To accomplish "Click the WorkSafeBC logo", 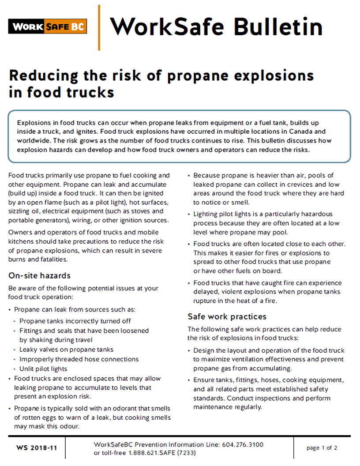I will pyautogui.click(x=47, y=26).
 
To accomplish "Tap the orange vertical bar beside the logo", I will pyautogui.click(x=99, y=27).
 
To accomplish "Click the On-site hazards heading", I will pyautogui.click(x=39, y=276).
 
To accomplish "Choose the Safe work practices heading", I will pyautogui.click(x=227, y=316).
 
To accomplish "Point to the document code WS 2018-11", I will pyautogui.click(x=37, y=448).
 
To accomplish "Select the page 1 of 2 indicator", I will pyautogui.click(x=322, y=448).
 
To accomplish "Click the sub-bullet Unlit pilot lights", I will pyautogui.click(x=43, y=368).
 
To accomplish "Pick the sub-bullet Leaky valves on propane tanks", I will pyautogui.click(x=66, y=349).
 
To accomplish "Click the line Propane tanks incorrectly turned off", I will pyautogui.click(x=75, y=321).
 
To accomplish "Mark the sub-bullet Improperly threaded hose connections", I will pyautogui.click(x=79, y=359).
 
